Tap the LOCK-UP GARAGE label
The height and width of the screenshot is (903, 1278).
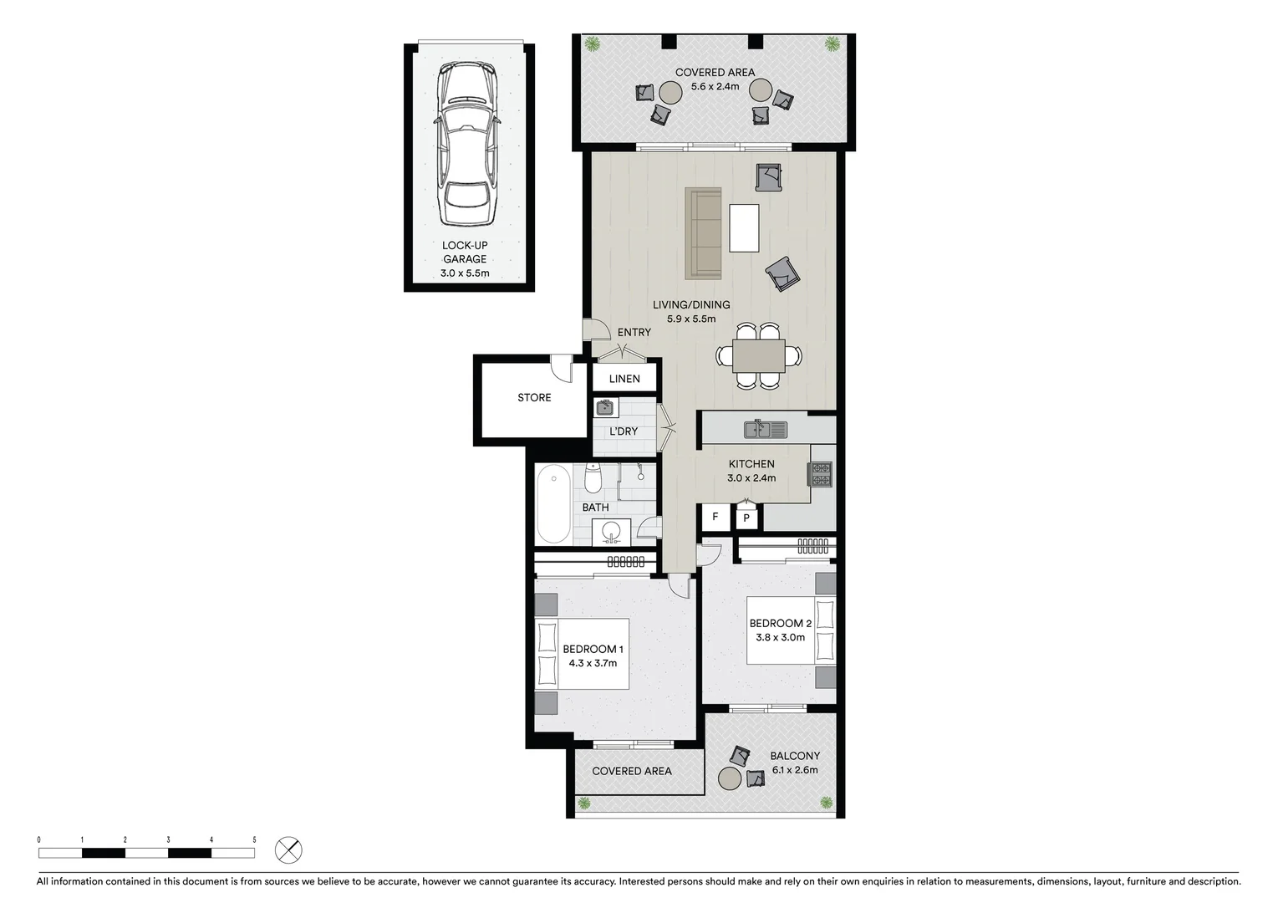point(465,252)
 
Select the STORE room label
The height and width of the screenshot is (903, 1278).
point(534,398)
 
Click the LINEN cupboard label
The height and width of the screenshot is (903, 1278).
point(624,379)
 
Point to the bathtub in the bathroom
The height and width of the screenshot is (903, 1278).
point(553,504)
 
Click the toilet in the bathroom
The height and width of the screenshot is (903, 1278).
point(593,479)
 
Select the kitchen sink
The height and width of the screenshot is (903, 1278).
point(765,430)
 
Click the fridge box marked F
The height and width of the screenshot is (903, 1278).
point(715,518)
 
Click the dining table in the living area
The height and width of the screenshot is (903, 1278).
point(758,355)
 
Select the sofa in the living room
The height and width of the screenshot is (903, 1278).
point(703,233)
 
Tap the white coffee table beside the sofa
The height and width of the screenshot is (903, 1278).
point(744,227)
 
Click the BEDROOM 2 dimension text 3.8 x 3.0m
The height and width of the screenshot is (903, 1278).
point(780,637)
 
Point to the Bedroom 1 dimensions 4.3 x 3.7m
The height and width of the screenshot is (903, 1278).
point(593,663)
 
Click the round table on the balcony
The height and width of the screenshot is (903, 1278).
point(730,778)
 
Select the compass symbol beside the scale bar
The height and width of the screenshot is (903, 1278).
point(288,851)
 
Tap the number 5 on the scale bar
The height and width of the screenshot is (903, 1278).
point(254,839)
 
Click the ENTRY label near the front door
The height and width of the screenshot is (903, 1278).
point(634,333)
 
